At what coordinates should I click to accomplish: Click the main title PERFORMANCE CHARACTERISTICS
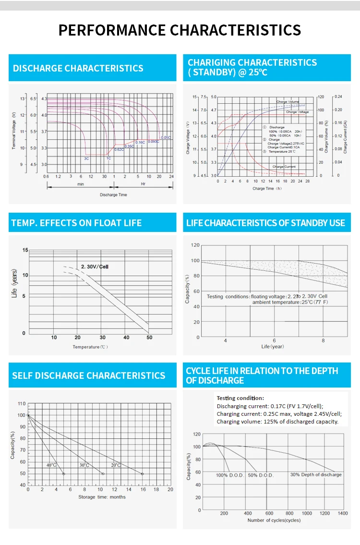[180, 30]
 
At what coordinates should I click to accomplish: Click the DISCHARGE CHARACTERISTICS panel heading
[78, 68]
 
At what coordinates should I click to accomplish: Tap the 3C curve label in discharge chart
[86, 158]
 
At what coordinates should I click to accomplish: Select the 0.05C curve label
[166, 137]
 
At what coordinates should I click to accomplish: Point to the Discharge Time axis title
[113, 195]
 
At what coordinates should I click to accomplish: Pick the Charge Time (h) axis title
[267, 189]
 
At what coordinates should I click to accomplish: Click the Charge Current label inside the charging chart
[284, 166]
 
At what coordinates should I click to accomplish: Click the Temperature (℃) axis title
[90, 347]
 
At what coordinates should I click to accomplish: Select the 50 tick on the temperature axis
[149, 338]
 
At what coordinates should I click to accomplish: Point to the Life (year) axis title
[273, 346]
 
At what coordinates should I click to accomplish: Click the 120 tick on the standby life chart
[195, 245]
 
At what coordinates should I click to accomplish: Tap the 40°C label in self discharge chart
[51, 465]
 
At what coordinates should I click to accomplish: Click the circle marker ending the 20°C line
[142, 474]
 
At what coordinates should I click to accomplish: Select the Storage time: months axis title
[102, 497]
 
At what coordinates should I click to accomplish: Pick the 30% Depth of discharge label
[316, 475]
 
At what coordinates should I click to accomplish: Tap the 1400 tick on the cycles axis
[342, 513]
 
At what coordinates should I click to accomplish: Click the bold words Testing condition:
[240, 398]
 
